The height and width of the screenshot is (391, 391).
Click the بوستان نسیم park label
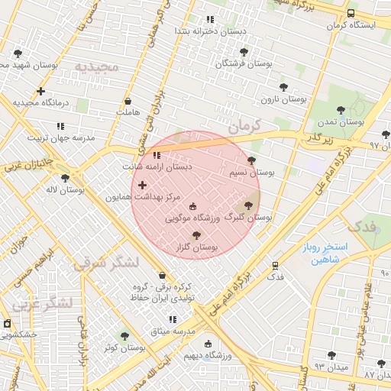pos(252,173)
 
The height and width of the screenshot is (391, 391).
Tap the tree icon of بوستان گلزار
pos(197,236)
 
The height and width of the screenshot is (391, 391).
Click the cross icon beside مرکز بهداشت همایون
pos(142,185)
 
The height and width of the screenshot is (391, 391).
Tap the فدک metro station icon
pos(275,265)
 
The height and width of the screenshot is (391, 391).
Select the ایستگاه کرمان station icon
pos(351,14)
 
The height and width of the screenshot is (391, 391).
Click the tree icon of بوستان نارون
pos(283,87)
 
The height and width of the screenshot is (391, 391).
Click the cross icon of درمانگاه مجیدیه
pos(40,91)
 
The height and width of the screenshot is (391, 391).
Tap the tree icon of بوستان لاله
pos(65,178)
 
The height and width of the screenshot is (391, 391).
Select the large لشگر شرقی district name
pos(107,263)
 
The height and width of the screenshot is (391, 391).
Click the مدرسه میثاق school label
pos(173,331)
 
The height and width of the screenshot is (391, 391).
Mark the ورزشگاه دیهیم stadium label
pos(202,355)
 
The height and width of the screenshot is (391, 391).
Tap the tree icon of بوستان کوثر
pos(124,336)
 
